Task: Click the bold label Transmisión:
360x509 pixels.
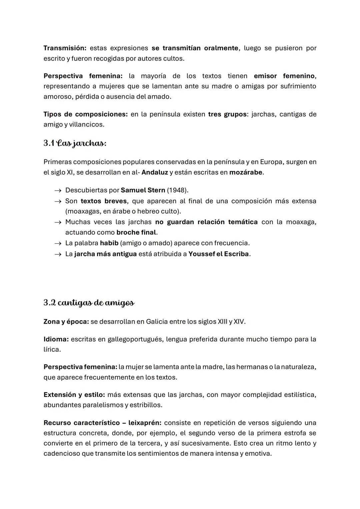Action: pyautogui.click(x=65, y=48)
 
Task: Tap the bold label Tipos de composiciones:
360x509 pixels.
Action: pyautogui.click(x=85, y=114)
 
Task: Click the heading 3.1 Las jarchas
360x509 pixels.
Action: pyautogui.click(x=75, y=143)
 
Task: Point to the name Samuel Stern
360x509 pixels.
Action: pyautogui.click(x=143, y=190)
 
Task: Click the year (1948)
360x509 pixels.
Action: pyautogui.click(x=178, y=190)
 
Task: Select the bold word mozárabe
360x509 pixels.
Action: pyautogui.click(x=246, y=172)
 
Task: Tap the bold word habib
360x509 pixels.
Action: pyautogui.click(x=109, y=243)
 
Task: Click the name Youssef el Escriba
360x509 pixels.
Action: pyautogui.click(x=219, y=254)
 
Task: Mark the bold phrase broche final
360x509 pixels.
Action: pyautogui.click(x=136, y=232)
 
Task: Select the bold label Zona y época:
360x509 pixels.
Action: pyautogui.click(x=66, y=321)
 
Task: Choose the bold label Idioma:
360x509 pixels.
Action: pyautogui.click(x=56, y=339)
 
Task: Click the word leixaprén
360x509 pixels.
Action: pyautogui.click(x=145, y=423)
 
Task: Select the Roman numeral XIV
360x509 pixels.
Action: pyautogui.click(x=239, y=321)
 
